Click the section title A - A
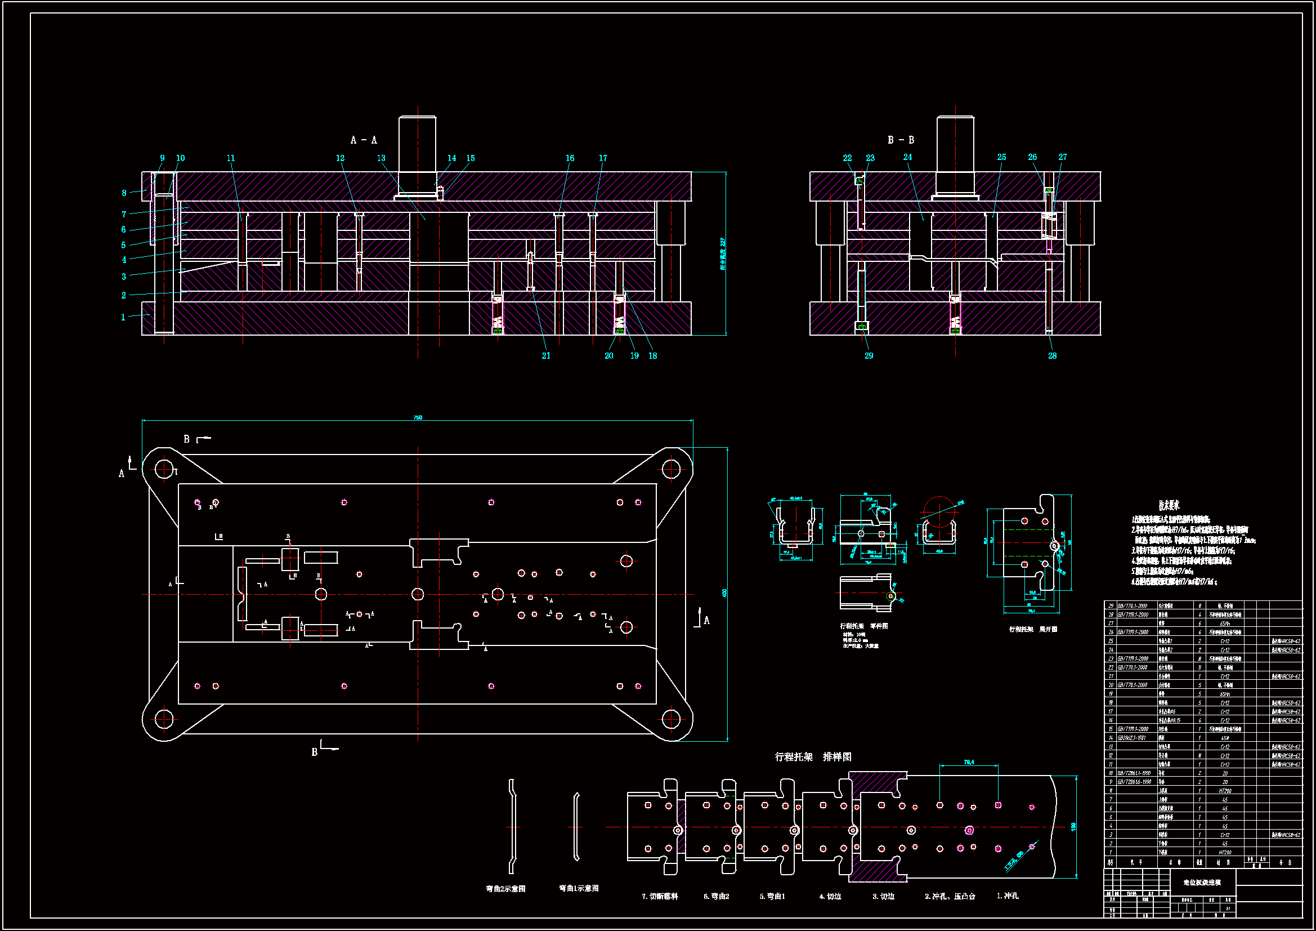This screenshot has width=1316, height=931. click(364, 140)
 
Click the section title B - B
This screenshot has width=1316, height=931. click(901, 140)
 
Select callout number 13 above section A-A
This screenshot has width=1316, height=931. click(381, 158)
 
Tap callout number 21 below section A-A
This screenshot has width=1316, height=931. click(545, 355)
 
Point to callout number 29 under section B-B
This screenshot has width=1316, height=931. click(869, 355)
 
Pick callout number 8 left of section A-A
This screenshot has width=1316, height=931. click(124, 193)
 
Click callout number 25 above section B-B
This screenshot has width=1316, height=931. click(1001, 157)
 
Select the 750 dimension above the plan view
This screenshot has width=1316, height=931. click(418, 417)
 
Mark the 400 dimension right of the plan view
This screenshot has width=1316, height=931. click(724, 593)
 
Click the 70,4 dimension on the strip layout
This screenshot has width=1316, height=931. click(969, 763)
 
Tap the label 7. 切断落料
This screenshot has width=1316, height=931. click(659, 896)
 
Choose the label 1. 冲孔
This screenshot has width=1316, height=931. click(1007, 896)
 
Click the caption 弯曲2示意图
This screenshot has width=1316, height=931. click(505, 889)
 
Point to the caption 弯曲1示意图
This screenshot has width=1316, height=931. click(579, 888)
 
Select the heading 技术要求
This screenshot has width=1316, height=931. click(1169, 505)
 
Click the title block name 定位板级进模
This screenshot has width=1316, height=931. click(1202, 882)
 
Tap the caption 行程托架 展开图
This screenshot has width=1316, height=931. click(1033, 629)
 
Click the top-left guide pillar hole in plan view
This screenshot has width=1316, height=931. click(164, 469)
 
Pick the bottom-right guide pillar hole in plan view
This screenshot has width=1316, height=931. click(670, 718)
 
